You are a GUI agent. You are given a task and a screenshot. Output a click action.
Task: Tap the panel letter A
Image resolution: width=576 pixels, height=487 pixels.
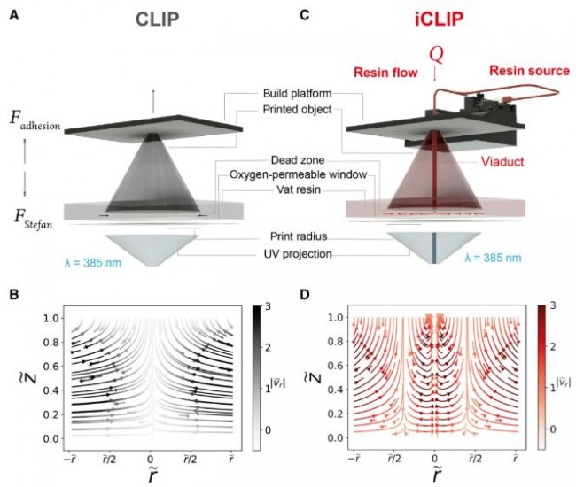pyautogui.click(x=13, y=14)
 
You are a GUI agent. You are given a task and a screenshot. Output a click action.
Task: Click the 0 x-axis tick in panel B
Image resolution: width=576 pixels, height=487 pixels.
pyautogui.click(x=150, y=460)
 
